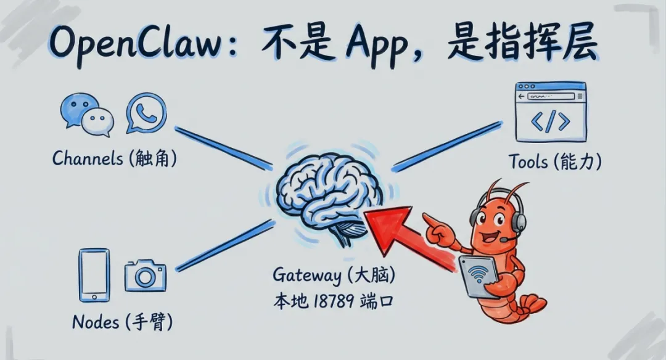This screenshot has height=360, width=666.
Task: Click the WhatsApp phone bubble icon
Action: click(147, 113)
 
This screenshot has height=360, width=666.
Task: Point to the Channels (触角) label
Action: click(115, 158)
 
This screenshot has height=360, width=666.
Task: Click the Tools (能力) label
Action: click(554, 162)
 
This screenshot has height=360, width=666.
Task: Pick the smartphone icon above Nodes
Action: click(94, 275)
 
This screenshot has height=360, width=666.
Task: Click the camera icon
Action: click(146, 276)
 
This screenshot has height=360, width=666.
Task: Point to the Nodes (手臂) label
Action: click(122, 321)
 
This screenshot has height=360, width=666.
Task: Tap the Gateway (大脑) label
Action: click(333, 274)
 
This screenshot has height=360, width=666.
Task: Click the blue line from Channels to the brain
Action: click(224, 147)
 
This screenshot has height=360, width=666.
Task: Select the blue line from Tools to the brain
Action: click(447, 145)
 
